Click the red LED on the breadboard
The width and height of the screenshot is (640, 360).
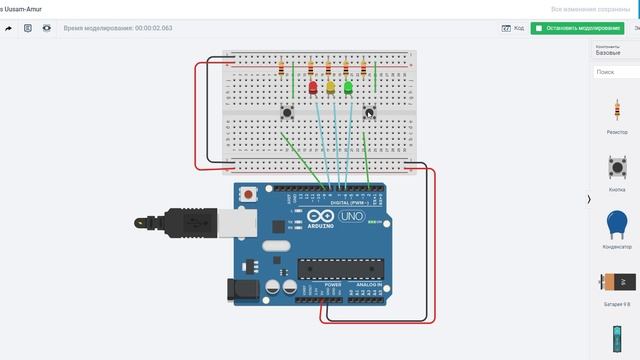point(313,88)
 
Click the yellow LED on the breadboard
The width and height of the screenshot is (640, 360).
point(330,88)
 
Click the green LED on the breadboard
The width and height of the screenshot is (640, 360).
point(348,88)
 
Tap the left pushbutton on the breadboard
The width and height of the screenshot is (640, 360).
point(288,112)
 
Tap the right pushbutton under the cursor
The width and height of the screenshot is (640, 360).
point(368,113)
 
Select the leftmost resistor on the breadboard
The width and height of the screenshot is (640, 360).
point(282,69)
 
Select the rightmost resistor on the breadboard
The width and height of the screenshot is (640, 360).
point(364,69)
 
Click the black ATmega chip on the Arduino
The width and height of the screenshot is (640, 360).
point(340,268)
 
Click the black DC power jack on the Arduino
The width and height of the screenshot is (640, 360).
point(243,289)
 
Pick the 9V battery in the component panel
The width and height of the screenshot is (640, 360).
point(617,282)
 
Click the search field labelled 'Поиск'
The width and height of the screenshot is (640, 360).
point(614,72)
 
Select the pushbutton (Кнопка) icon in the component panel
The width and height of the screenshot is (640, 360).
point(617,167)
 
